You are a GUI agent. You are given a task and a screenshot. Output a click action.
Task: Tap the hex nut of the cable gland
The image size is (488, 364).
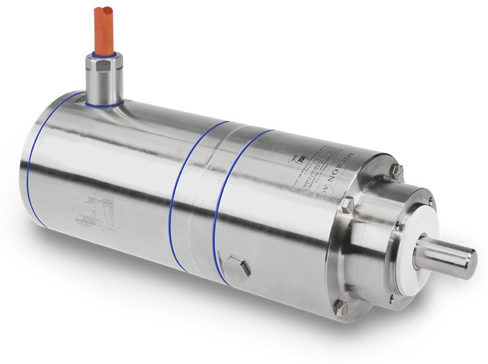click(103, 66)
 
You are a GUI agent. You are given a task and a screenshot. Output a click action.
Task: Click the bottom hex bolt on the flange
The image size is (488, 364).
click(341, 309)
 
